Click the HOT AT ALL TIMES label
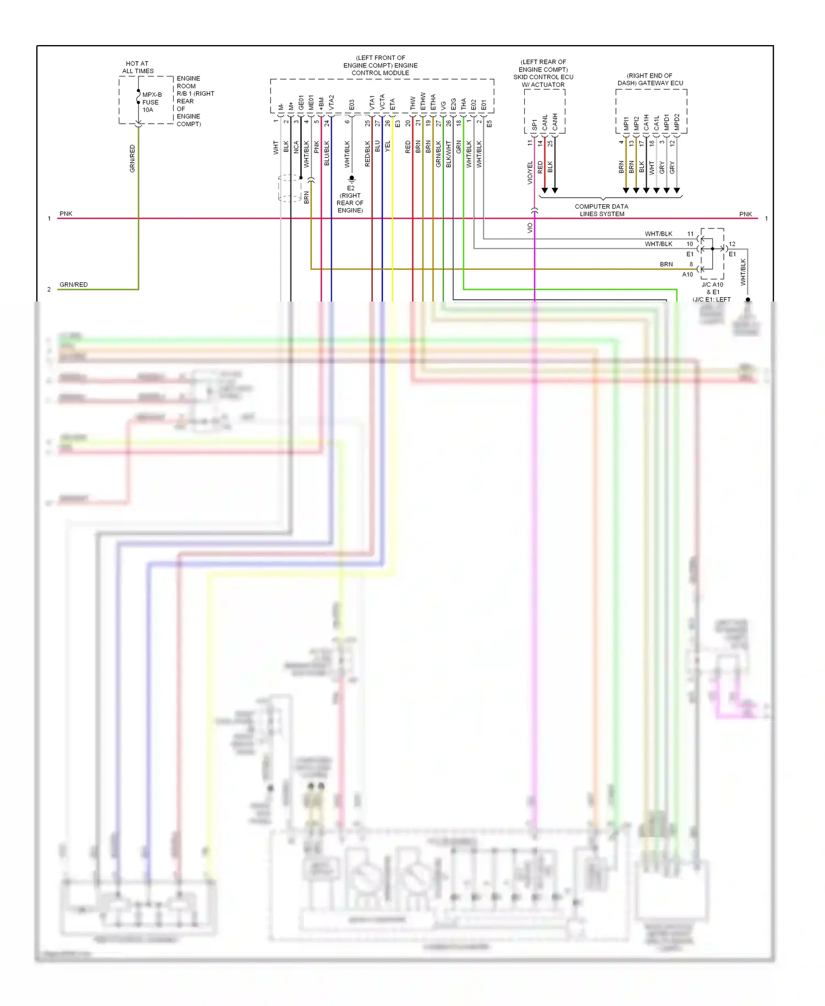(137, 67)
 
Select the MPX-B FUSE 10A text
(151, 102)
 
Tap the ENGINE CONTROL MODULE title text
(380, 65)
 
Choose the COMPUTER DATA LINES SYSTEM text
(602, 210)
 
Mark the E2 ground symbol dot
(351, 178)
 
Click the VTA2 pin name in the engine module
(332, 102)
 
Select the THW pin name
(413, 103)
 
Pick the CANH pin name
(555, 122)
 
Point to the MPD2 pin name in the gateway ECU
(677, 122)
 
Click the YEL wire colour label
(388, 147)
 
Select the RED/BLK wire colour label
(367, 154)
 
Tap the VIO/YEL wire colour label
(530, 172)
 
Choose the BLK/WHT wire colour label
(449, 154)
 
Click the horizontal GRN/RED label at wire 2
(74, 285)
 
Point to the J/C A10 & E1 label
(712, 288)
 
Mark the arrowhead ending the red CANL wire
(544, 190)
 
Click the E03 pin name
(352, 105)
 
